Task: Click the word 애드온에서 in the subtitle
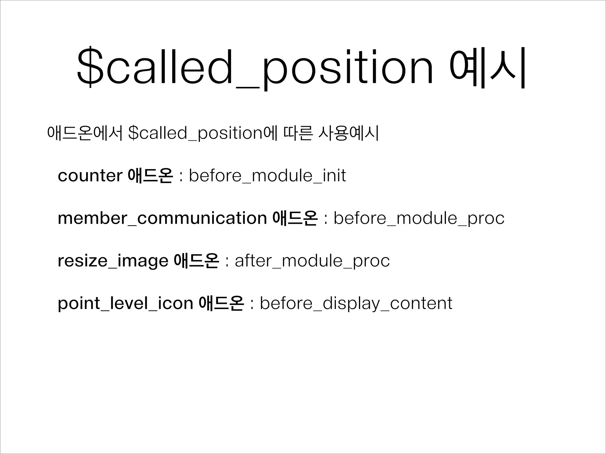[x=84, y=133]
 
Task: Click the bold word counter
[x=90, y=176]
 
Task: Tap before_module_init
[x=267, y=176]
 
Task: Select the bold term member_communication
[x=162, y=218]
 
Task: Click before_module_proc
[x=419, y=218]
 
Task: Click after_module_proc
[x=312, y=261]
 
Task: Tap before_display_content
[x=356, y=303]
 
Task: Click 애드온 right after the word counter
[x=151, y=176]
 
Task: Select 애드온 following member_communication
[x=295, y=218]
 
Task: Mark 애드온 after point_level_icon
[x=222, y=303]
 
